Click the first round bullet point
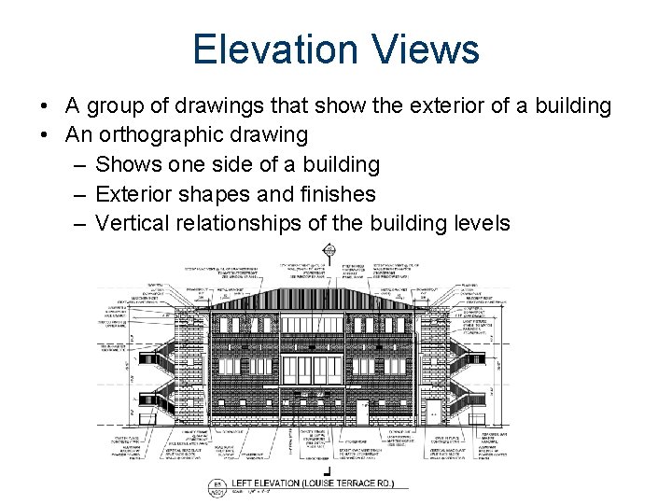click(46, 106)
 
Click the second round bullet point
click(46, 135)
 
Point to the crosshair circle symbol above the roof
click(329, 250)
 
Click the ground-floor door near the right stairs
click(434, 410)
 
